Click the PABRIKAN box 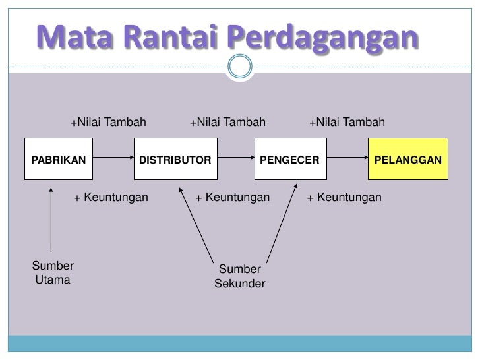point(58,160)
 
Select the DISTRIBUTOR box point(175,160)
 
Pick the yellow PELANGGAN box point(408,160)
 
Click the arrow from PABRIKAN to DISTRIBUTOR point(113,160)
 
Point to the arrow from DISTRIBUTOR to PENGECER point(236,160)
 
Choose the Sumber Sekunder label point(239,277)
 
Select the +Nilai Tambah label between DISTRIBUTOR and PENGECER point(227,122)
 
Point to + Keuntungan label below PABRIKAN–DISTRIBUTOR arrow point(111,197)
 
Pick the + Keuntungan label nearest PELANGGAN point(344,197)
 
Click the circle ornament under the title point(239,67)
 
